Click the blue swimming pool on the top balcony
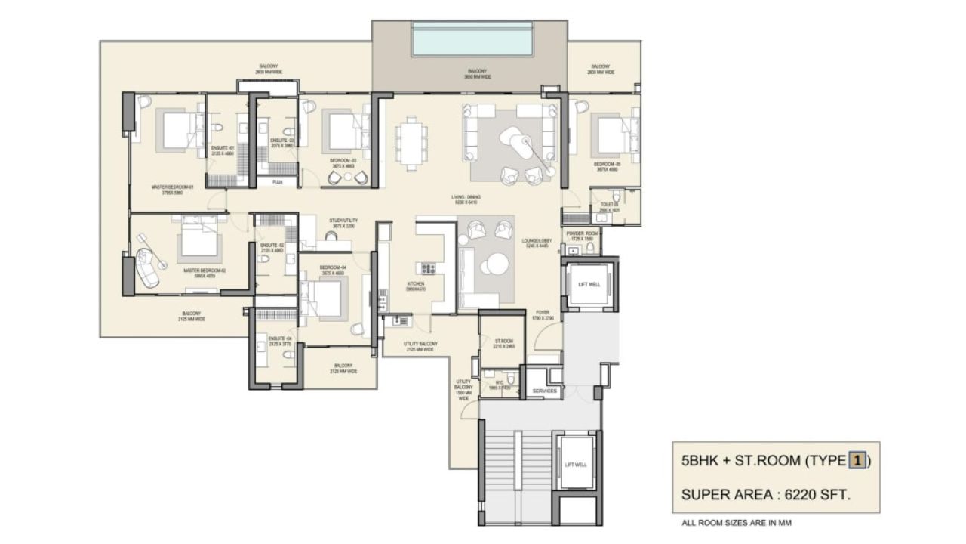tap(472, 39)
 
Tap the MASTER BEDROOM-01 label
tap(173, 187)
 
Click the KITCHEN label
tap(416, 284)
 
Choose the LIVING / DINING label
tap(468, 197)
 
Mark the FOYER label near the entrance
tap(543, 312)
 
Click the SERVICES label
tap(544, 391)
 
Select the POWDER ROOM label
tap(582, 233)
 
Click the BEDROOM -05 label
tap(605, 164)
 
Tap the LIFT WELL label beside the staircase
tap(576, 465)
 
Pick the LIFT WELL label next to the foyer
tap(589, 284)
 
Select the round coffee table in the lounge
tap(497, 264)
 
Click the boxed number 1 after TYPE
tap(857, 460)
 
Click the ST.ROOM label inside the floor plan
tap(503, 341)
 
